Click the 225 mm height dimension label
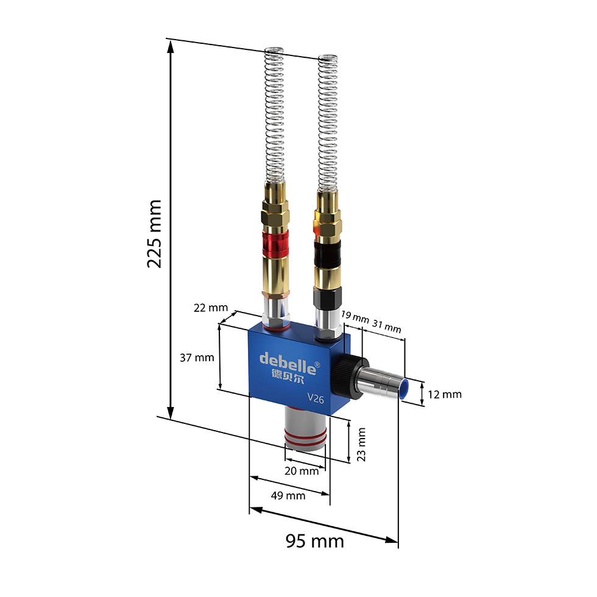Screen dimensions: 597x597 pyautogui.click(x=155, y=233)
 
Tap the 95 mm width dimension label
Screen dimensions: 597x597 pyautogui.click(x=315, y=541)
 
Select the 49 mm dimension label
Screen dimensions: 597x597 pyautogui.click(x=288, y=496)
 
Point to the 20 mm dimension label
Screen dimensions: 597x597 pyautogui.click(x=302, y=471)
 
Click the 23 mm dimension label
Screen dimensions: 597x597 pyautogui.click(x=361, y=444)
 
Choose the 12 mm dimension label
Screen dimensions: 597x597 pyautogui.click(x=444, y=395)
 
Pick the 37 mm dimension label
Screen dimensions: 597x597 pyautogui.click(x=197, y=358)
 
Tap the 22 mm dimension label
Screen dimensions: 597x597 pyautogui.click(x=211, y=308)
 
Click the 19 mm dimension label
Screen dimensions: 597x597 pyautogui.click(x=355, y=317)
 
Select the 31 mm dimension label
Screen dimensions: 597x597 pyautogui.click(x=387, y=327)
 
